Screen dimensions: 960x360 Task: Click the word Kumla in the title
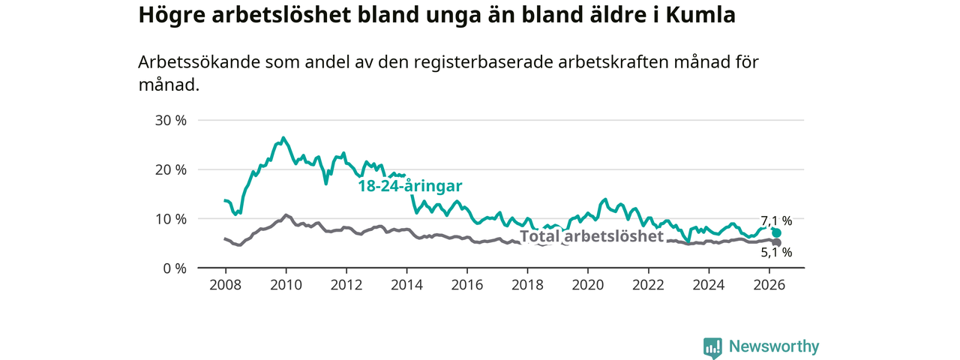[700, 14]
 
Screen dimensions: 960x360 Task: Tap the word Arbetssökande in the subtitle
[199, 62]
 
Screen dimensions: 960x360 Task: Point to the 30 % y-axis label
[170, 121]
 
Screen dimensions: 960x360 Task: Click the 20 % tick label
[170, 169]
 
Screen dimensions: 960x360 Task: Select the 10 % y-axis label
[170, 219]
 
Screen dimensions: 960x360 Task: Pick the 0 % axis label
[175, 268]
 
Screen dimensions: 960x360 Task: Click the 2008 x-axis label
[226, 285]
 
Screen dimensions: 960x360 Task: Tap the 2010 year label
[286, 285]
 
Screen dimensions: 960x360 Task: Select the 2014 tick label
[406, 285]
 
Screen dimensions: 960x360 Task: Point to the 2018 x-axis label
[527, 285]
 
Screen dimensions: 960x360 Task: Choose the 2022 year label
[649, 285]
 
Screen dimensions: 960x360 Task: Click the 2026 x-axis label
[769, 285]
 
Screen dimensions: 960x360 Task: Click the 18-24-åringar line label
[410, 186]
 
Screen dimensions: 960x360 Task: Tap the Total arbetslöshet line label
[592, 236]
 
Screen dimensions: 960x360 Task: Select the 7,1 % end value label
[776, 220]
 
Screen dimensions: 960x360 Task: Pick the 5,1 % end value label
[776, 253]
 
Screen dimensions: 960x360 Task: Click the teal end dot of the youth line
[776, 233]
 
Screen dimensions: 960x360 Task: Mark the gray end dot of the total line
[776, 243]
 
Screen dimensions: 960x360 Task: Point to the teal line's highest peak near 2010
[283, 138]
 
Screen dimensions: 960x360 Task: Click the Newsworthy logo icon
[712, 347]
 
